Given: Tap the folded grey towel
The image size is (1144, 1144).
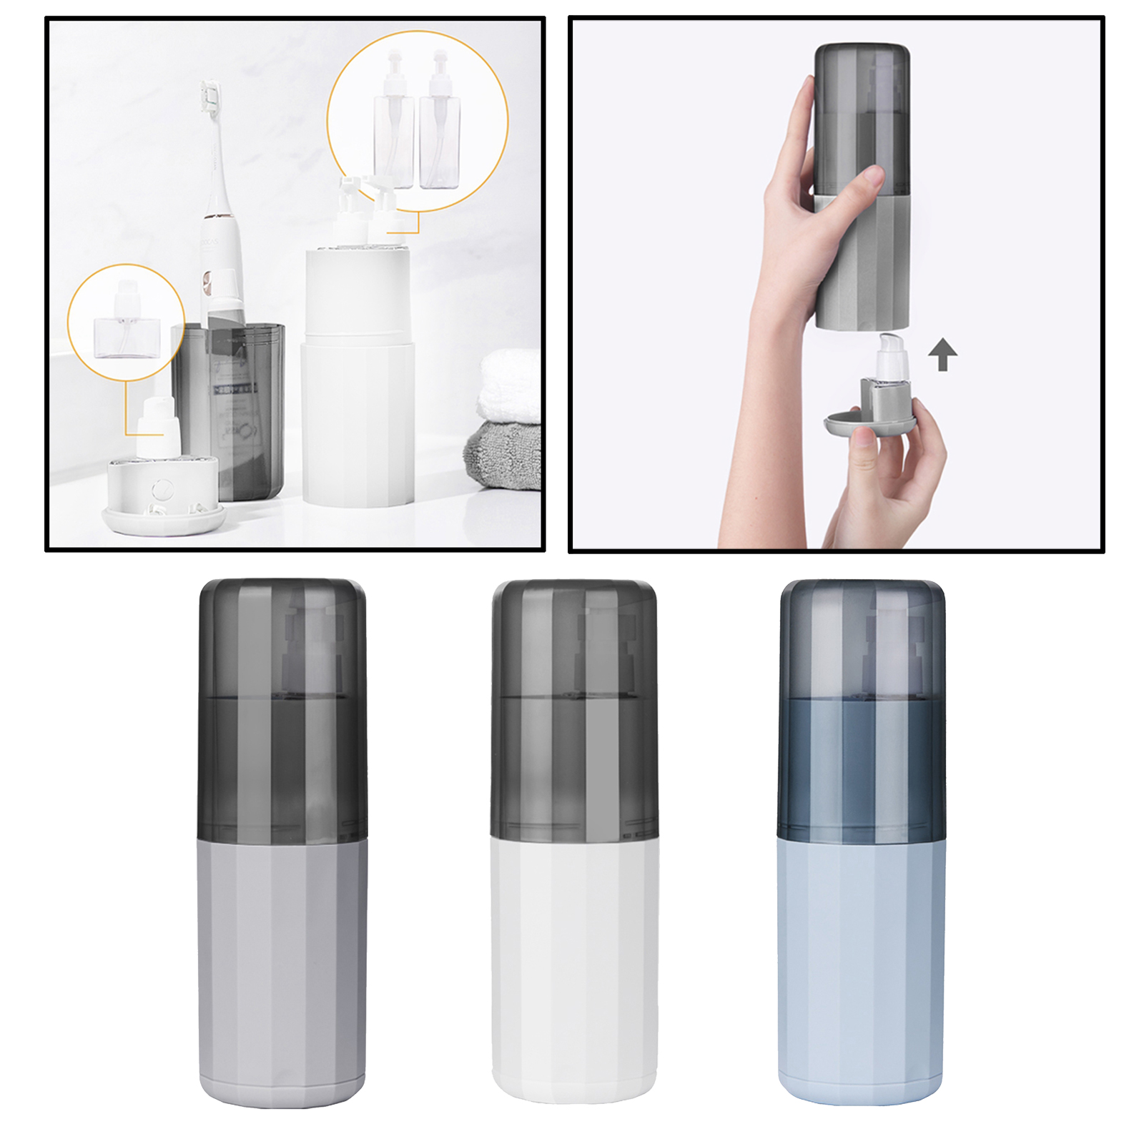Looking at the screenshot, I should [x=503, y=455].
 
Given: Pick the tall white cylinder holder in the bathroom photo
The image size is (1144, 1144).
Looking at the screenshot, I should [x=357, y=379].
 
